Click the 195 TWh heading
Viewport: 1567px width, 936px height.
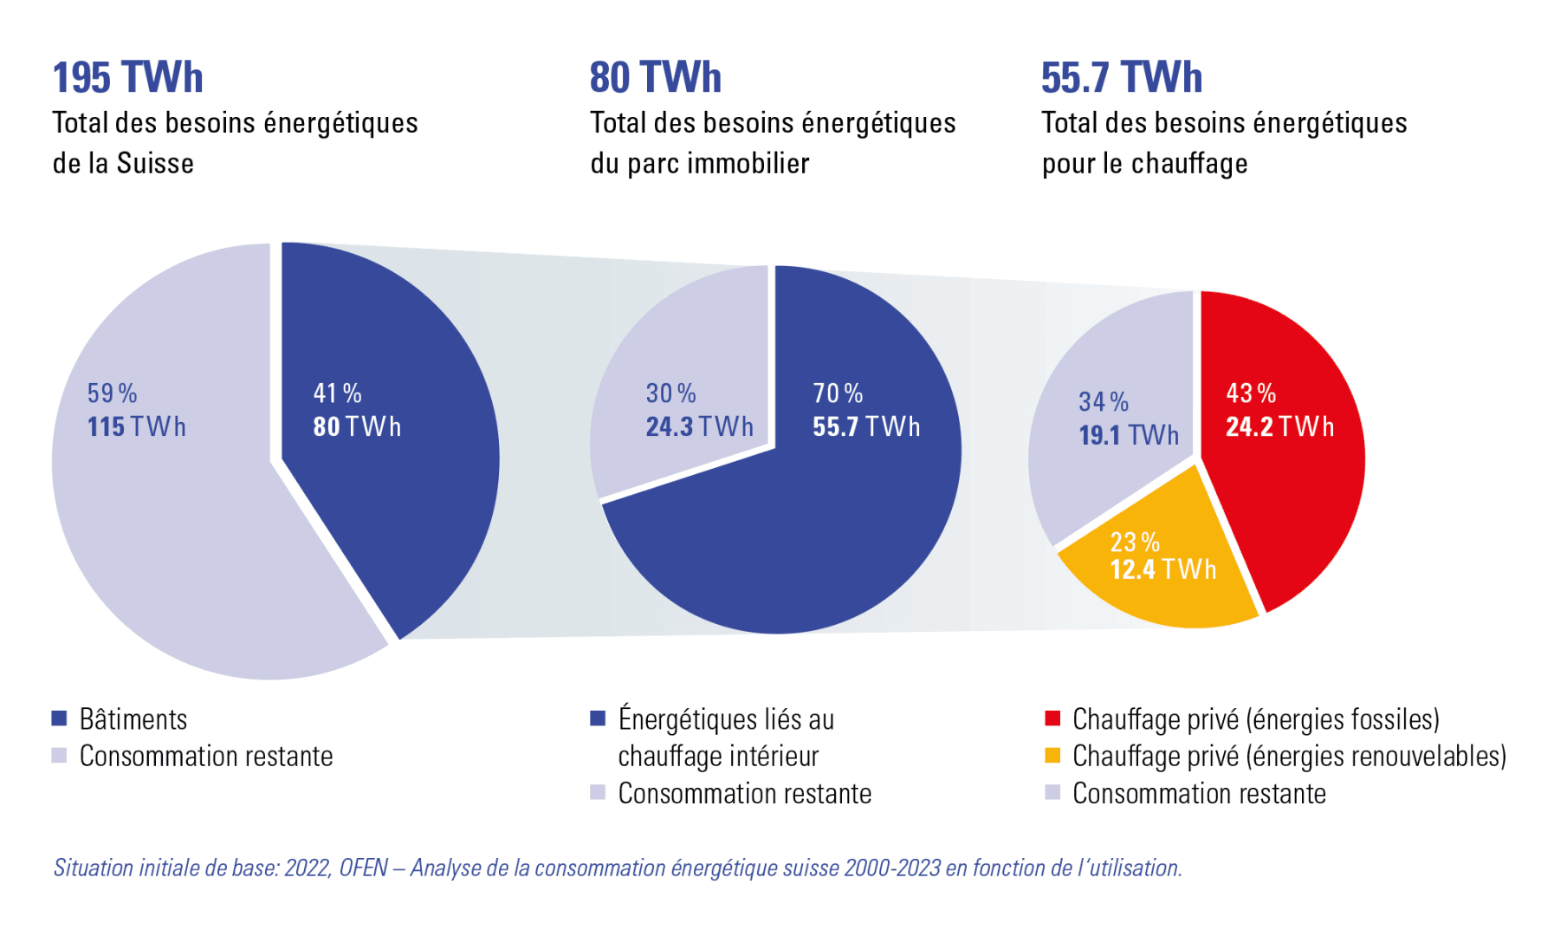[x=127, y=77]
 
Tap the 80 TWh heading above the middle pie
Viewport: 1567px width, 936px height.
[x=655, y=77]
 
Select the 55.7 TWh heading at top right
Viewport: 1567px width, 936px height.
[x=1121, y=77]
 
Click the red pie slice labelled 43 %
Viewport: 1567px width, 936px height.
[x=1291, y=485]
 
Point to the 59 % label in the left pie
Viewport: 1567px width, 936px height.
[x=112, y=393]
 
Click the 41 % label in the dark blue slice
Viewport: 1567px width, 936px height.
[x=337, y=393]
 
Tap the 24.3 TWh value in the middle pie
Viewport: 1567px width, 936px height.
[x=698, y=426]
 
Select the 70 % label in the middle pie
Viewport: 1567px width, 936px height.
[x=837, y=393]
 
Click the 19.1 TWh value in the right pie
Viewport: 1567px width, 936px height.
[x=1128, y=435]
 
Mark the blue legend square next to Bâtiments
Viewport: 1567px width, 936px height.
[x=59, y=718]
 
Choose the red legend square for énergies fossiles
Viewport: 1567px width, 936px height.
[x=1052, y=718]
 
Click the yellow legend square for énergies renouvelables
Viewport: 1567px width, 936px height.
[x=1052, y=756]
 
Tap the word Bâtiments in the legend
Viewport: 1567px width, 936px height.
[x=133, y=719]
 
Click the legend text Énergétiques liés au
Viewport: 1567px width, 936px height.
[x=726, y=719]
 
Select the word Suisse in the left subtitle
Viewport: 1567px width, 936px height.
[x=155, y=163]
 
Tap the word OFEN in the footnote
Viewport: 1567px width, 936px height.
[x=363, y=868]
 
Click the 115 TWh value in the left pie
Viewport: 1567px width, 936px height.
[x=136, y=426]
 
